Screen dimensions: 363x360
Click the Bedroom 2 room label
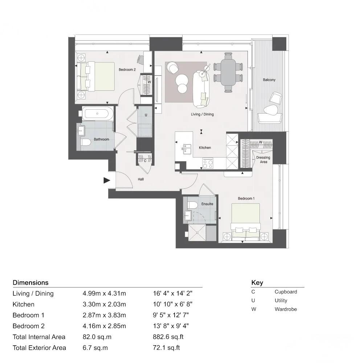click(x=127, y=70)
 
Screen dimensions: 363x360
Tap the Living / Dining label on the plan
click(x=202, y=114)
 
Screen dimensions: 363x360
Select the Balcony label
click(x=269, y=80)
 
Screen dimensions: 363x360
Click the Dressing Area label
click(x=263, y=160)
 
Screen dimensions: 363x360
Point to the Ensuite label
click(x=207, y=204)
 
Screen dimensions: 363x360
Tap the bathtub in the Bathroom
click(x=97, y=114)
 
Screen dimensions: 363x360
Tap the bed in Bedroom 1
click(x=246, y=221)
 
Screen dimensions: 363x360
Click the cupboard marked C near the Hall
click(x=145, y=160)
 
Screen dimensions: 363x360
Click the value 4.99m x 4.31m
click(x=104, y=294)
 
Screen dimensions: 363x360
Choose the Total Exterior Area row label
click(x=39, y=348)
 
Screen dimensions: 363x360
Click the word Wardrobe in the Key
click(x=286, y=309)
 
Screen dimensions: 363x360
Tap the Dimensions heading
click(x=30, y=283)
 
